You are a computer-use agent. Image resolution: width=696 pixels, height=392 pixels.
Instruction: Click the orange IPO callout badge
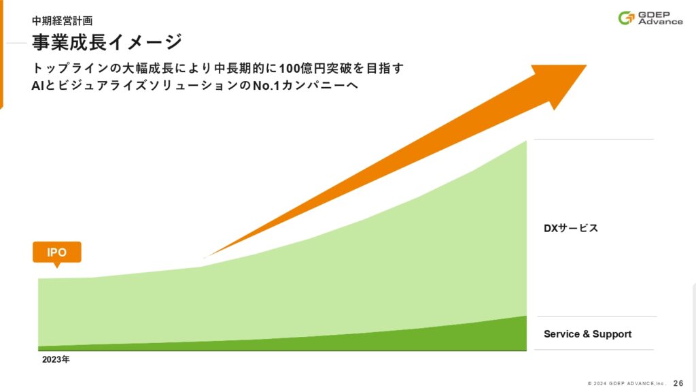pos(57,252)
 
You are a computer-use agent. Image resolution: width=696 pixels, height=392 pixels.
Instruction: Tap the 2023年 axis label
pos(56,359)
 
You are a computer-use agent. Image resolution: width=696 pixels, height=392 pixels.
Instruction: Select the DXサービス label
pos(571,228)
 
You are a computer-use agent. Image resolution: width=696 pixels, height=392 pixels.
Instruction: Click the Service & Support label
pos(587,334)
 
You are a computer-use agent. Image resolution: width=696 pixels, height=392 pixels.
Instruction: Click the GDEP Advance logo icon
pos(626,18)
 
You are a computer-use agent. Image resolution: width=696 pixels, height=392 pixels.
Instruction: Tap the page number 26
pos(678,383)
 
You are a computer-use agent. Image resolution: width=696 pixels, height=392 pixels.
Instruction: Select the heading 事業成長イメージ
pos(107,42)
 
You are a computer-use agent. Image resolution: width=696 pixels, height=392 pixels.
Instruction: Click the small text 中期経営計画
pos(62,21)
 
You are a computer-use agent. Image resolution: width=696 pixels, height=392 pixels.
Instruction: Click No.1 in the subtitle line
pos(266,85)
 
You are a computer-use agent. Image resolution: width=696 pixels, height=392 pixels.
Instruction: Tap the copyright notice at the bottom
pos(627,384)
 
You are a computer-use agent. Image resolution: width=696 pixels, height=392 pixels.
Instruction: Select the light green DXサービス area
pos(311,293)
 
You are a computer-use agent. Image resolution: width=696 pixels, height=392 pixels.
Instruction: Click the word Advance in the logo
pos(661,21)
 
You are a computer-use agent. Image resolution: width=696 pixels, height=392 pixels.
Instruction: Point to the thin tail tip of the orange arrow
pos(204,258)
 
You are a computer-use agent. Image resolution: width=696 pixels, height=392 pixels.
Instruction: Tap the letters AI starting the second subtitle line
pos(37,85)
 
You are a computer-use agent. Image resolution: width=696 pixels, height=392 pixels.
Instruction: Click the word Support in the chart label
pos(612,335)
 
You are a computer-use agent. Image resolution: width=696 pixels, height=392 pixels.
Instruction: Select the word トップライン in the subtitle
pos(70,69)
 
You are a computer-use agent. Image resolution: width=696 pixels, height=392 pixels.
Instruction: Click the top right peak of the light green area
pos(527,141)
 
